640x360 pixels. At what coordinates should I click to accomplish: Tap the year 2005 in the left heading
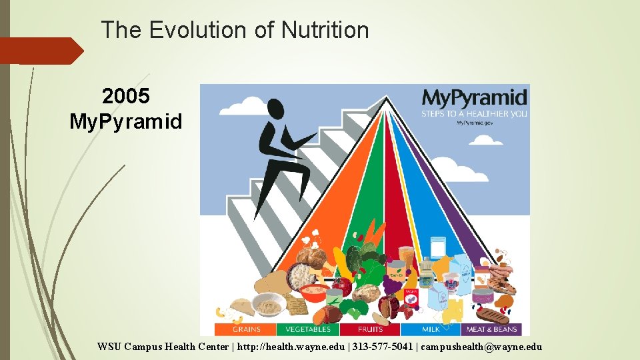(126, 97)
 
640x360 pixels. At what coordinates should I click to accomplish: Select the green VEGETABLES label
(308, 329)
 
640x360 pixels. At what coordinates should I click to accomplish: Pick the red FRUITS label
(370, 329)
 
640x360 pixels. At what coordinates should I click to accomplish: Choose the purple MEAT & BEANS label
(493, 329)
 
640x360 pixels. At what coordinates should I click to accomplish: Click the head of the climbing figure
(275, 109)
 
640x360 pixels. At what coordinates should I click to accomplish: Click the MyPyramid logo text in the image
(474, 97)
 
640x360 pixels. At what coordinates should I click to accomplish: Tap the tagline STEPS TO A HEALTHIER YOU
(473, 113)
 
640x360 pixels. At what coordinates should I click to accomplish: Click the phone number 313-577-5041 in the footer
(378, 347)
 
